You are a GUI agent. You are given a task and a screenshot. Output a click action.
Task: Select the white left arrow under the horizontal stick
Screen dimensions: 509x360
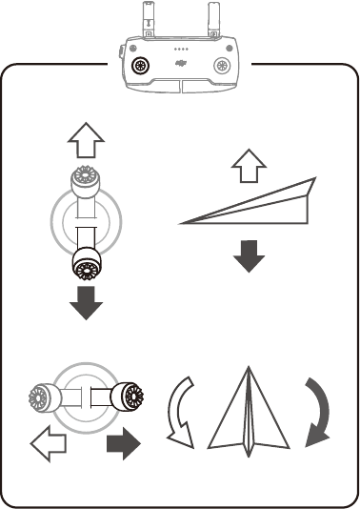click(47, 442)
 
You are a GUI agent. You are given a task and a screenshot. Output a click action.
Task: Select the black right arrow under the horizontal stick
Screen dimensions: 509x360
click(122, 443)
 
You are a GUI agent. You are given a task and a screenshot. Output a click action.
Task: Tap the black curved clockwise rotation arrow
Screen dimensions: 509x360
click(315, 413)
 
